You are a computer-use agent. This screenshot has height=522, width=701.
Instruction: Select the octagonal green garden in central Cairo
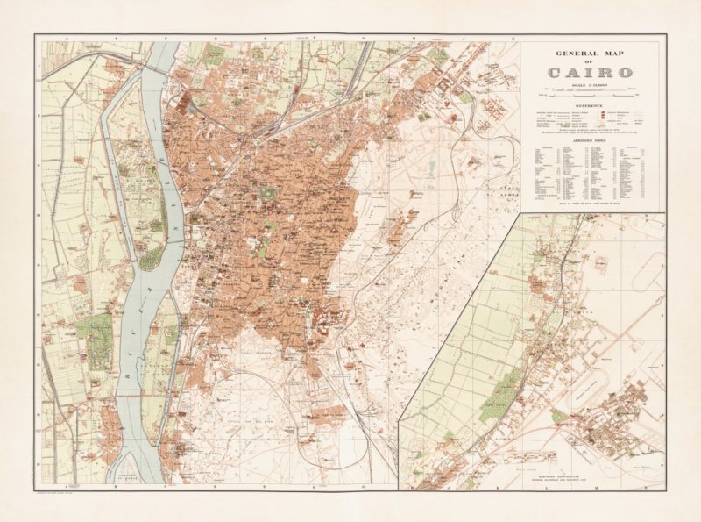[264, 192]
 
